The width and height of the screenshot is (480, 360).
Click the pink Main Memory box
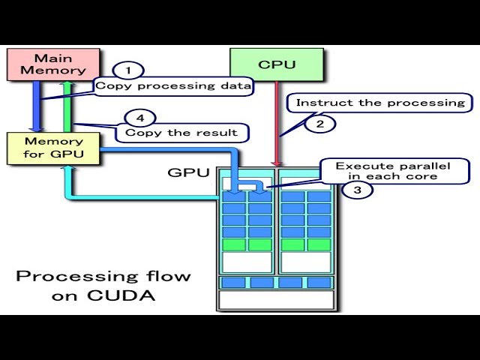(53, 64)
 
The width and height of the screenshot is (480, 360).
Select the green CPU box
(276, 64)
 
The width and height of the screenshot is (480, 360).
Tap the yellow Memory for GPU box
(53, 148)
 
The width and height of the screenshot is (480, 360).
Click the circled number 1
(128, 70)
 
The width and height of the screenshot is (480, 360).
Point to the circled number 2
(320, 124)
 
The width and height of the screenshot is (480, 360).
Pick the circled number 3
(357, 190)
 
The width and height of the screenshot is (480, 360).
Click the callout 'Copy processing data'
(173, 86)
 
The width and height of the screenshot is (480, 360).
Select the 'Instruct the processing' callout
(381, 103)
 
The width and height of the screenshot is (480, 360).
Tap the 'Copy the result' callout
(181, 133)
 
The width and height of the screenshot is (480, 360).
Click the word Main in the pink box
(53, 57)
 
